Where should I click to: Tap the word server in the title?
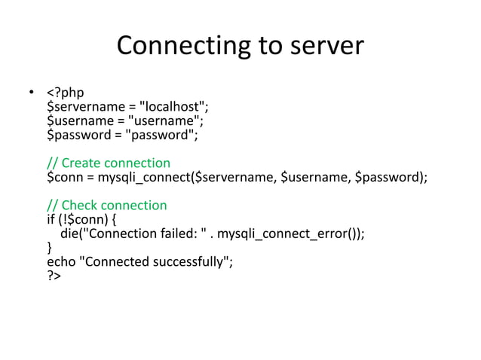tap(325, 47)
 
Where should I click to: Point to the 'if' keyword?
tap(51, 219)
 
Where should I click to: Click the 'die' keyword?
tap(70, 233)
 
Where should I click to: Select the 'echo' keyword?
tap(61, 261)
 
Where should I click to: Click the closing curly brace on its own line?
tap(50, 247)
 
